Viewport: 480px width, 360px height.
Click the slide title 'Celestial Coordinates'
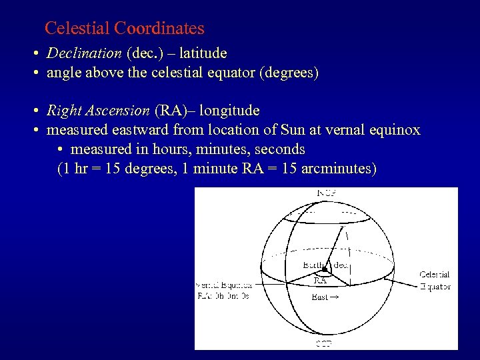tap(124, 29)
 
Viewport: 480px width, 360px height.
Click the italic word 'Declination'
tap(84, 53)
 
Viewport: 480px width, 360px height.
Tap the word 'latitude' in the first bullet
tap(199, 53)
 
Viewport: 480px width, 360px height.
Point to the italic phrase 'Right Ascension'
tap(98, 110)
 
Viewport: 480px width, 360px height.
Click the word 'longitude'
tap(229, 110)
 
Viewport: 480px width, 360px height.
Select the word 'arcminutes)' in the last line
tap(339, 169)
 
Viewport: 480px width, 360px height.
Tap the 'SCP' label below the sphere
tap(325, 344)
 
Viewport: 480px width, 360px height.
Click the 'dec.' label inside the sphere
tap(341, 265)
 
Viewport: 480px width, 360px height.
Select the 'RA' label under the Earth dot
tap(320, 281)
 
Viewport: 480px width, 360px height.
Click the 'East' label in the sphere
tap(320, 297)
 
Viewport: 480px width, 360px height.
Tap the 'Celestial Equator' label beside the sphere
tap(435, 281)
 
